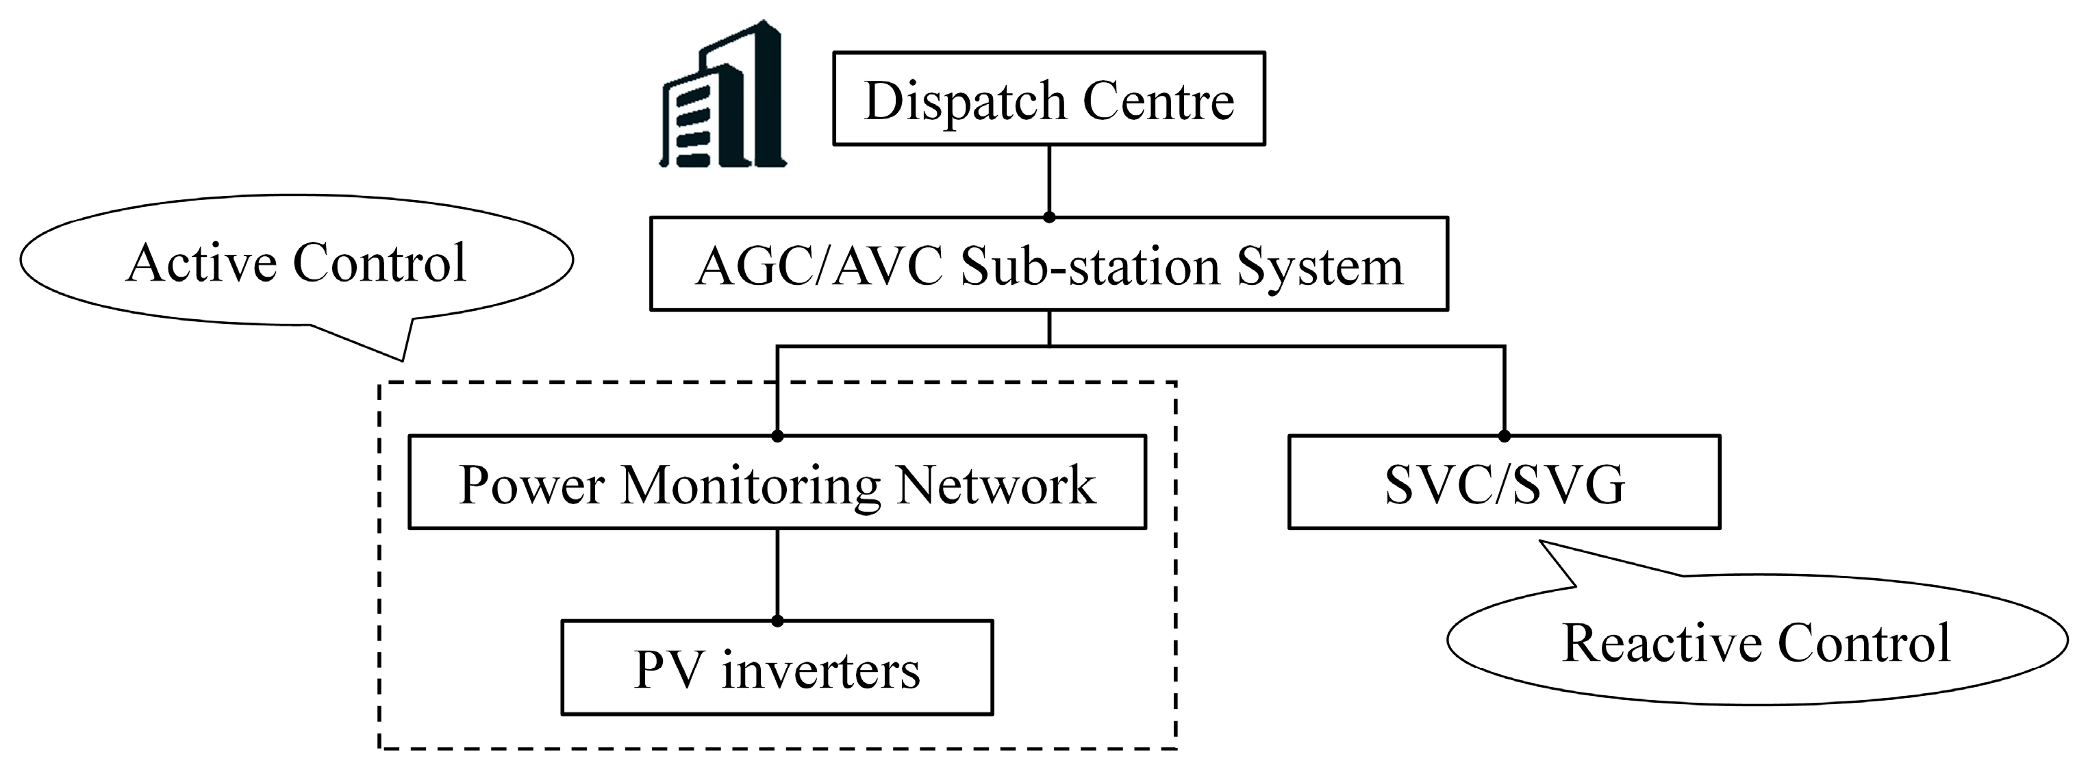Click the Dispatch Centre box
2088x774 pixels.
(1049, 99)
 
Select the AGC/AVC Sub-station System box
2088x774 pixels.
(1049, 264)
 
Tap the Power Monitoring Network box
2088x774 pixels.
(777, 483)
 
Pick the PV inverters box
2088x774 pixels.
(777, 668)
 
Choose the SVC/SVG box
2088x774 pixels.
(1504, 483)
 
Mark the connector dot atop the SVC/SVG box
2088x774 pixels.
(1505, 436)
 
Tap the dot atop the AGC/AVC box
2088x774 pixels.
(1049, 217)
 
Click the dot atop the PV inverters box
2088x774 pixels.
(777, 621)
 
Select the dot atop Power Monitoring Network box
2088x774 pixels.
(777, 436)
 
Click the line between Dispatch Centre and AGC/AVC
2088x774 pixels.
(1049, 180)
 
